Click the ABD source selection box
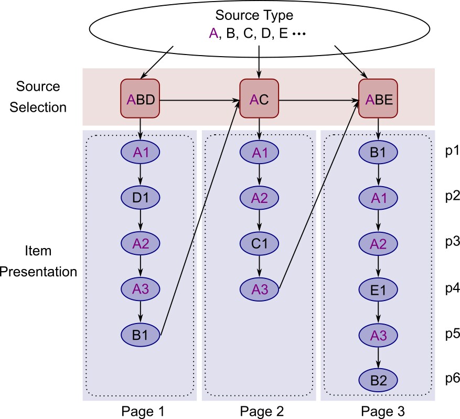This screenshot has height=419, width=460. click(140, 99)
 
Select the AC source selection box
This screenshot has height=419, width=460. click(259, 99)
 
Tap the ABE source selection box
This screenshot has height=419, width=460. click(378, 99)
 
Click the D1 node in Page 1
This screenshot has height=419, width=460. click(140, 198)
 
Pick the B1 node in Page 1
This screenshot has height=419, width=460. click(140, 335)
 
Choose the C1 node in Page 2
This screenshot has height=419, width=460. click(259, 243)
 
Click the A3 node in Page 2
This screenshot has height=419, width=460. click(259, 289)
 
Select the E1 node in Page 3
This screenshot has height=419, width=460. click(378, 289)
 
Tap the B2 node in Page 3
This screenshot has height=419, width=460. click(378, 380)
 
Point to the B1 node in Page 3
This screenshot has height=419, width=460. click(378, 152)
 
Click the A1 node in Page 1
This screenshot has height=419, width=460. click(140, 152)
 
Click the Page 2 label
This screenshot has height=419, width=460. click(262, 411)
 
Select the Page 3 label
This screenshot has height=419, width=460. click(383, 411)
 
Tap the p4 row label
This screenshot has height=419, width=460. click(452, 289)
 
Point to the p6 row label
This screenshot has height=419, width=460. click(452, 379)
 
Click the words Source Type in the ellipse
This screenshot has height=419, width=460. click(254, 16)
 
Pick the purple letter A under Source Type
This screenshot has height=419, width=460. click(213, 33)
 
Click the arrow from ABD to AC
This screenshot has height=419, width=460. click(200, 100)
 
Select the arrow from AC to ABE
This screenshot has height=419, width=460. click(318, 100)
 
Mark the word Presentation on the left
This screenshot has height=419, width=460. click(38, 272)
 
